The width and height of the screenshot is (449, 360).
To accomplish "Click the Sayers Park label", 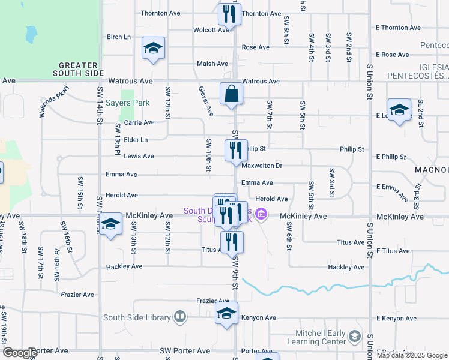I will click(x=127, y=103).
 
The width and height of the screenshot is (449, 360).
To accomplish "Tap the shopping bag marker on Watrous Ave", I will click(x=231, y=95).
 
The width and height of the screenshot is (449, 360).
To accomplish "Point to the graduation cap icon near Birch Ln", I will click(x=153, y=49).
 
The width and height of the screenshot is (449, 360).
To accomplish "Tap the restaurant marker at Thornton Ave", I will click(x=229, y=14).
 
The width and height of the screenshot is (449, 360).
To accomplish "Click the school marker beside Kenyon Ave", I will click(x=226, y=315).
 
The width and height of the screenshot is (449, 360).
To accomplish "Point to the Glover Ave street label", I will click(x=206, y=101).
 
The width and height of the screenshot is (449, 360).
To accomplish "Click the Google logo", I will click(x=20, y=353).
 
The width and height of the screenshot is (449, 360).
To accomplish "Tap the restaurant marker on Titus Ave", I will click(x=231, y=242).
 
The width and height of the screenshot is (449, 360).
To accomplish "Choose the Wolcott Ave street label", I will click(x=211, y=29).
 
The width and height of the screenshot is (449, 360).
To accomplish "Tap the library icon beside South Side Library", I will click(x=180, y=316).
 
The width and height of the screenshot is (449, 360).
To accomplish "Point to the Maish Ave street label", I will click(x=212, y=64).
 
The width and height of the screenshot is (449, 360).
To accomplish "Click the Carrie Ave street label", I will click(x=139, y=122).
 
